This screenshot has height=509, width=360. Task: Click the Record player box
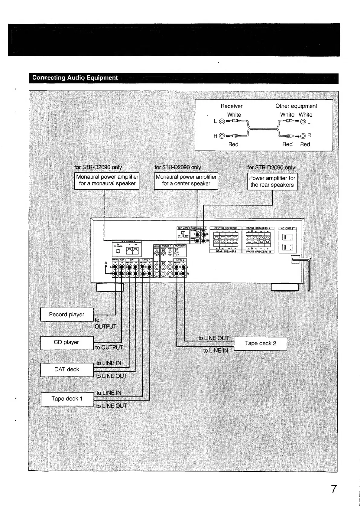[x=67, y=315]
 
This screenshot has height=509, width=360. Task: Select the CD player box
[x=67, y=343]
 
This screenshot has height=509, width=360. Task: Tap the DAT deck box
[x=67, y=370]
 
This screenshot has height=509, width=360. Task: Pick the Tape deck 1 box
[x=67, y=399]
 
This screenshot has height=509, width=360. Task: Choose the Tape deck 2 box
[x=260, y=344]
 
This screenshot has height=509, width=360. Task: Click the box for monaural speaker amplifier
[x=107, y=181]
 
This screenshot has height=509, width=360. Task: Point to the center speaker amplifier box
[x=186, y=181]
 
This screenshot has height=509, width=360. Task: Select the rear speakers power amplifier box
[x=272, y=181]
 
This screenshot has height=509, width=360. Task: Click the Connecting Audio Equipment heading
[x=75, y=78]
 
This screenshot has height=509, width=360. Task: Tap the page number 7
[x=333, y=489]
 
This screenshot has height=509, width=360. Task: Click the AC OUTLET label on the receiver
[x=287, y=229]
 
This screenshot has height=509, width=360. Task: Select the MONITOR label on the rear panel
[x=180, y=246]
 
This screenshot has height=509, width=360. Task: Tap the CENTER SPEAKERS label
[x=226, y=228]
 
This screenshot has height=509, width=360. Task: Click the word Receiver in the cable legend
[x=231, y=106]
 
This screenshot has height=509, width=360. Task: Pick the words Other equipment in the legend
[x=296, y=106]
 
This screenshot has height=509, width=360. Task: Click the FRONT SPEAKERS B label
[x=258, y=252]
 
